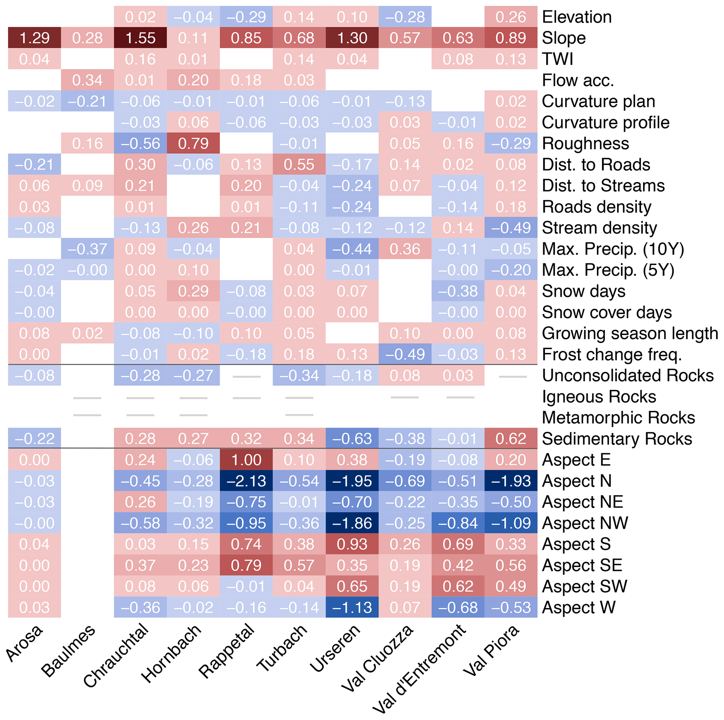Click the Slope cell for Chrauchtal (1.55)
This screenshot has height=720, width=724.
coord(140,38)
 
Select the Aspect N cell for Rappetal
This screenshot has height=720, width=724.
coord(246,481)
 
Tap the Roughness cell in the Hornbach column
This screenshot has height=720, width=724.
coord(193,144)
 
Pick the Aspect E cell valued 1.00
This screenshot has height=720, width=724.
coord(246,460)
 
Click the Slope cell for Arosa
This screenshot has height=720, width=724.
coord(34,38)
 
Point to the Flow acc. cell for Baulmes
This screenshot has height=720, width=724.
coord(87,80)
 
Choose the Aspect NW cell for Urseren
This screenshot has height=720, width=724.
coord(352,523)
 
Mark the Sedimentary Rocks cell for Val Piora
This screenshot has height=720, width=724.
coord(511,439)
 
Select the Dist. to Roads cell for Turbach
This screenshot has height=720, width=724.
coord(299,165)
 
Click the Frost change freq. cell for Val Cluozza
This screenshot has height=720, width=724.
coord(405,354)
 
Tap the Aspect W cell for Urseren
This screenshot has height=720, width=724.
coord(352,607)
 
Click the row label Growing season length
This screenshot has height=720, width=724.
coord(629,333)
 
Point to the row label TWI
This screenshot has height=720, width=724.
coord(558,59)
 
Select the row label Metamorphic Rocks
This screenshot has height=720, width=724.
coord(618,418)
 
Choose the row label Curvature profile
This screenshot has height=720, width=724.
coord(606,123)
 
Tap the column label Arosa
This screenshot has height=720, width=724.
coord(25,644)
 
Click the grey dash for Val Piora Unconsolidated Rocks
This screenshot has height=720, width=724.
coord(513,376)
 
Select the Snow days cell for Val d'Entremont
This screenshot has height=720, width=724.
coord(458,291)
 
